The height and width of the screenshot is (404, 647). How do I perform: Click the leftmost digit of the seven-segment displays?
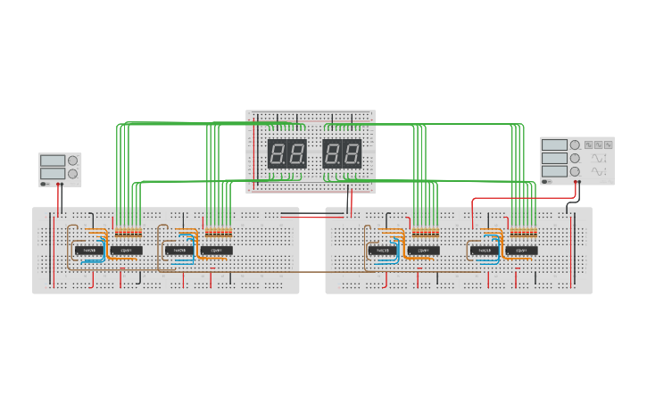(278, 153)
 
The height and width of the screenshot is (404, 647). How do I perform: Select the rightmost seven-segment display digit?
(353, 153)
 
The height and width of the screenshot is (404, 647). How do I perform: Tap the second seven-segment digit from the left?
(297, 153)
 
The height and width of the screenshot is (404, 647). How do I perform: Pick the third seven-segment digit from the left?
(332, 153)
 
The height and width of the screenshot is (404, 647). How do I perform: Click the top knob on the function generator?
(575, 144)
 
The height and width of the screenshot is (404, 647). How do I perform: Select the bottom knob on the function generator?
(575, 171)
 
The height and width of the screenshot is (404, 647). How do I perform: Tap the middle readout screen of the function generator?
(554, 158)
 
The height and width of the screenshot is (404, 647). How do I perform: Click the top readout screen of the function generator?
(554, 144)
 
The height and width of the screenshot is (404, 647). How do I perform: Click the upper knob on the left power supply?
(73, 161)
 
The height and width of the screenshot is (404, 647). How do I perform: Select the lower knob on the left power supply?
(73, 173)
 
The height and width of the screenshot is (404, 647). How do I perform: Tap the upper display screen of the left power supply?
(53, 161)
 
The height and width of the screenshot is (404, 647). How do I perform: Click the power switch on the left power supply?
(45, 184)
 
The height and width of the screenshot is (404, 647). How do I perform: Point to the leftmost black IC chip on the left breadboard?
(90, 251)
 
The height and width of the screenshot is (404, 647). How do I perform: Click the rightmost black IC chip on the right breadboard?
(522, 251)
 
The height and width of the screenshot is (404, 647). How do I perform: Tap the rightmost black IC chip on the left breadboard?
(215, 251)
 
